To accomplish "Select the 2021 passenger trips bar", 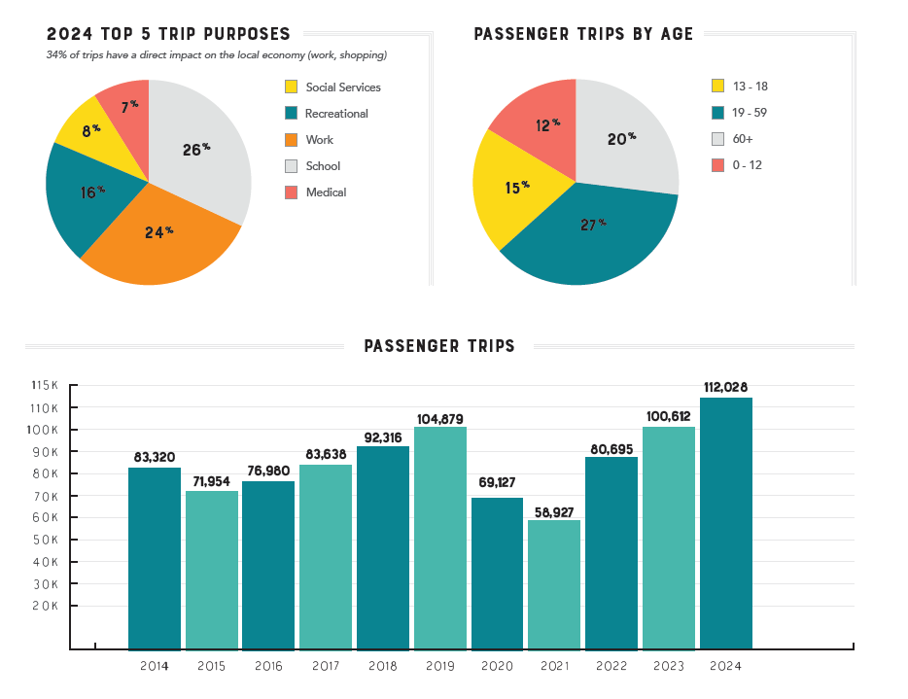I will [554, 583].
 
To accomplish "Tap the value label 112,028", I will [725, 388].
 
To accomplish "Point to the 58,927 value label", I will [554, 510].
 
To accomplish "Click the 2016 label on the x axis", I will [268, 666].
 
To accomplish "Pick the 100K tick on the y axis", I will [45, 430].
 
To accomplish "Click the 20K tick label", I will [45, 606].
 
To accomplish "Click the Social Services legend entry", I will [342, 87].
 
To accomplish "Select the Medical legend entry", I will [326, 192].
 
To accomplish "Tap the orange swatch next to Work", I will [292, 140].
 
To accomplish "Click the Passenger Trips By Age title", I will [583, 34].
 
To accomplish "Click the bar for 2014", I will [154, 558].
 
